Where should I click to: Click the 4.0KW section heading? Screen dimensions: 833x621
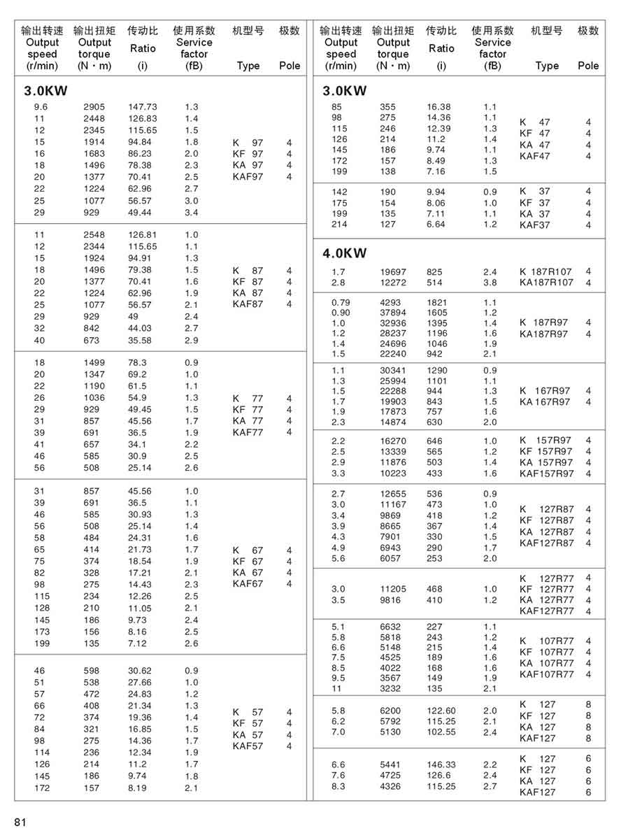[x=344, y=253]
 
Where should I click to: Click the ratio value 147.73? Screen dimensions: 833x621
[x=143, y=107]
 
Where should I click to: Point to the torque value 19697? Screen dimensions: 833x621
[x=393, y=271]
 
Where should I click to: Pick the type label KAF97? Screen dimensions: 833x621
[x=248, y=177]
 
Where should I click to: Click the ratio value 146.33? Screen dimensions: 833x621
[x=441, y=765]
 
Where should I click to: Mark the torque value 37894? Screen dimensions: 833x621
[x=393, y=313]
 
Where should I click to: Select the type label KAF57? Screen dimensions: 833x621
[x=248, y=746]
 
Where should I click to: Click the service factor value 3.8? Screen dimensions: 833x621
[x=490, y=283]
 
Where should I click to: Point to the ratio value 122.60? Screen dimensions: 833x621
[x=441, y=711]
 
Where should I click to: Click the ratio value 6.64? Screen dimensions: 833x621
[x=436, y=225]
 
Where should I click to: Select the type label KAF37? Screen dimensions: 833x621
[x=534, y=225]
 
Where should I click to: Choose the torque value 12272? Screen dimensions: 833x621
[x=393, y=283]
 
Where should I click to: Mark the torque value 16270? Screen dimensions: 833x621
[x=393, y=441]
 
